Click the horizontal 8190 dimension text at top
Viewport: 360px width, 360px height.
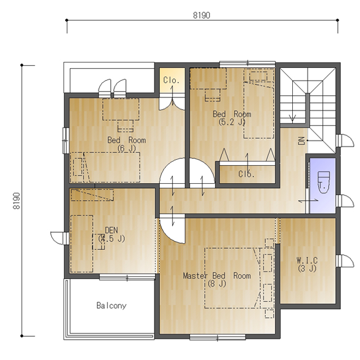(x=201, y=15)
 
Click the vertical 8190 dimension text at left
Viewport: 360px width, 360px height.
(x=16, y=201)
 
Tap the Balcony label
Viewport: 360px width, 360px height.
(x=111, y=305)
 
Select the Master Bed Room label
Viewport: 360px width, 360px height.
(x=217, y=275)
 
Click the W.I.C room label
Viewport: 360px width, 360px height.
(x=307, y=260)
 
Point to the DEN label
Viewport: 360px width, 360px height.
(x=111, y=230)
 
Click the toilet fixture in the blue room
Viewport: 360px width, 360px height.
(x=323, y=182)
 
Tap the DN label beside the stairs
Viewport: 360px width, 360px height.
(x=301, y=141)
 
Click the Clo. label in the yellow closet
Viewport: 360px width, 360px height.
(x=171, y=80)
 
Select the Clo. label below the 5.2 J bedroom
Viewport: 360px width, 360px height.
(x=246, y=174)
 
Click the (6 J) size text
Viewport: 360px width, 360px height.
(x=127, y=149)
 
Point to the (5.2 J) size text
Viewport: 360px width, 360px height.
(x=232, y=122)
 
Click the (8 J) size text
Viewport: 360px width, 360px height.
(x=217, y=284)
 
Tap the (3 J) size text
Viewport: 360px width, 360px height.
(x=307, y=268)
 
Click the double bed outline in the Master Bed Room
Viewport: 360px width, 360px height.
(x=232, y=278)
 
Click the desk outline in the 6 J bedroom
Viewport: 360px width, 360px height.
(x=121, y=109)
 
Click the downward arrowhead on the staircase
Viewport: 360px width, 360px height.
(x=292, y=119)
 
